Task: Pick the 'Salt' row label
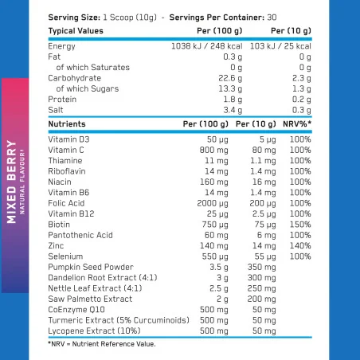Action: pos(56,109)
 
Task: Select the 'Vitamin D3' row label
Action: pos(68,139)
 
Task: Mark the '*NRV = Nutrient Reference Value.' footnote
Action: pos(101,344)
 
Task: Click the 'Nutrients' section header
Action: pos(67,125)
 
